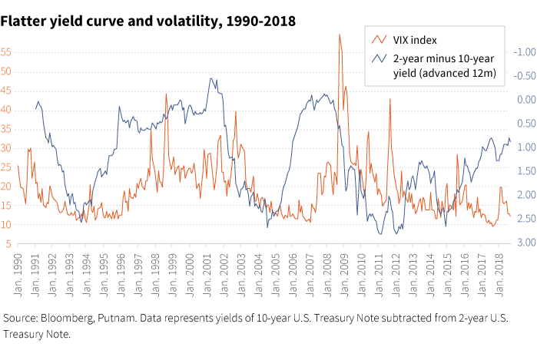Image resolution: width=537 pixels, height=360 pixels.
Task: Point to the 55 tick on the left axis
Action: coord(7,52)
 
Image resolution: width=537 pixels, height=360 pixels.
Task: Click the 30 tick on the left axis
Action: coord(7,148)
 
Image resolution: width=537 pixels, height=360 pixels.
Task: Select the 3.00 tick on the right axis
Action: coord(525,243)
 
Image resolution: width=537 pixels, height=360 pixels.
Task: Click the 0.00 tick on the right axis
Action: coord(525,100)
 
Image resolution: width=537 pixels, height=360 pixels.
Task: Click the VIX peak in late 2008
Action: coord(339,35)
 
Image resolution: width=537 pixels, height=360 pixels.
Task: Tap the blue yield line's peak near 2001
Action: coord(210,79)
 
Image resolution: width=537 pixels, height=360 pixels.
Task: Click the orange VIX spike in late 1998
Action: coord(166,94)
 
